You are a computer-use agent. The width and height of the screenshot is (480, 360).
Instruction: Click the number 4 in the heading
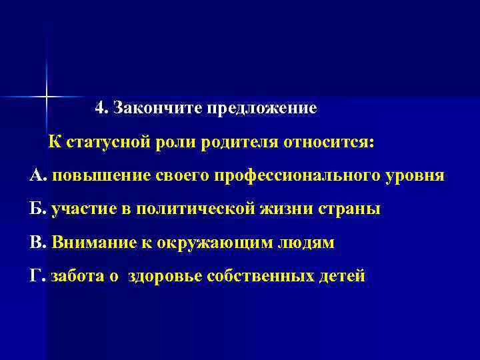[100, 107]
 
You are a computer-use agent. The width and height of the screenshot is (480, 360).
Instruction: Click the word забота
[78, 275]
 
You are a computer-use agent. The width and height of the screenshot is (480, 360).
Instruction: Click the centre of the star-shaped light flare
[47, 97]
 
